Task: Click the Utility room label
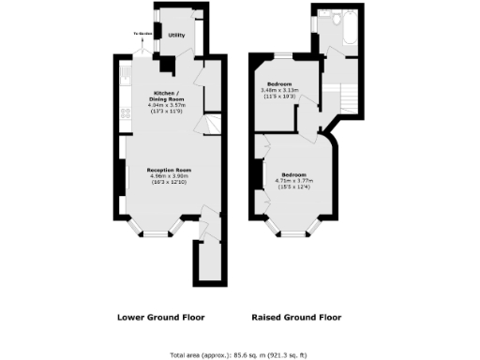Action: click(175, 36)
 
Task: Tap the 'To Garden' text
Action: click(142, 32)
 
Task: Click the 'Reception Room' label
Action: click(170, 169)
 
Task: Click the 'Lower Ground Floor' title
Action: click(160, 316)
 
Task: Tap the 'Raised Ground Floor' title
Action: click(296, 316)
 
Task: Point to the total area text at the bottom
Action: click(239, 354)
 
